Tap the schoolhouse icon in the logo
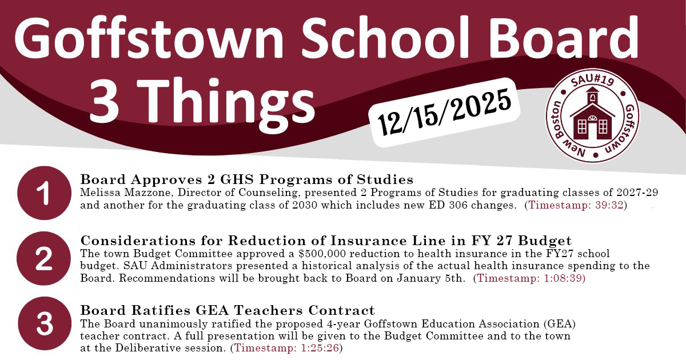point(592,118)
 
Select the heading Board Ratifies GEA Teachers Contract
point(228,310)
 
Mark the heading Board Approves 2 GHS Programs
point(246,179)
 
